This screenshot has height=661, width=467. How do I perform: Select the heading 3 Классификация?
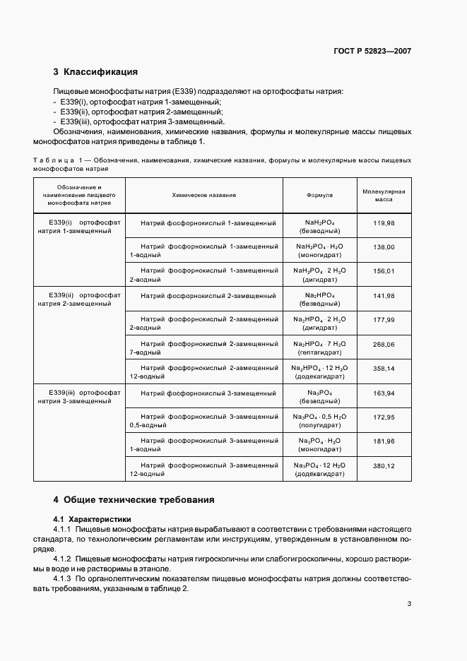(95, 71)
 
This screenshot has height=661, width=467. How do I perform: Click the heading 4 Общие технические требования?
(134, 499)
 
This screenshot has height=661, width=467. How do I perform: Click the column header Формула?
(319, 194)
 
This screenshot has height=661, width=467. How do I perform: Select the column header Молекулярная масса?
(384, 195)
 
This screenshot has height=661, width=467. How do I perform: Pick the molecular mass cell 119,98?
(384, 223)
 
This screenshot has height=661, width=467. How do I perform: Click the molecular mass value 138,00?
(384, 247)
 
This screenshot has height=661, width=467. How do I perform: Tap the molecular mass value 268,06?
(384, 344)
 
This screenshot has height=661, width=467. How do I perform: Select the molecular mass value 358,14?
(384, 369)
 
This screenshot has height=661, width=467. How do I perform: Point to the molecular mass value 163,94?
(384, 393)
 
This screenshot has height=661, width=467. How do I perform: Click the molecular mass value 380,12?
(384, 465)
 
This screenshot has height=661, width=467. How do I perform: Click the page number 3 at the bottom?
(409, 603)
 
